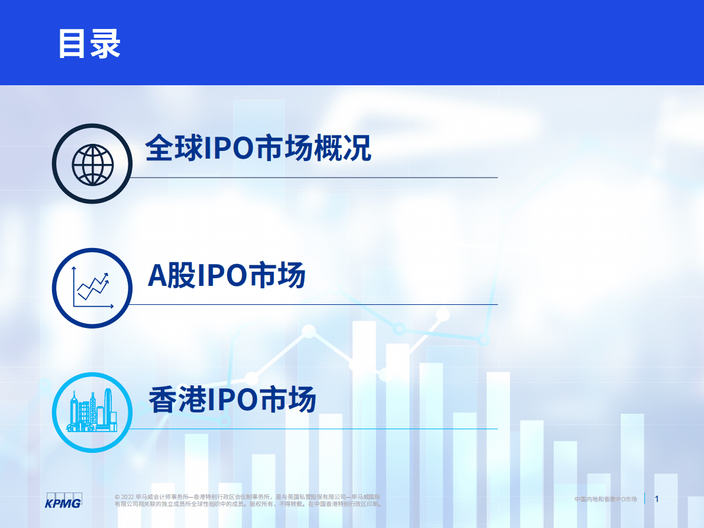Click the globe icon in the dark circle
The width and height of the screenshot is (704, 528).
click(92, 164)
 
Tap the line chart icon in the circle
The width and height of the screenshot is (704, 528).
click(92, 288)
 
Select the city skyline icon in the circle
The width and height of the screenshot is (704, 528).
click(92, 412)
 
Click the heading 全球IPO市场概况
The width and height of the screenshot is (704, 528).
click(259, 149)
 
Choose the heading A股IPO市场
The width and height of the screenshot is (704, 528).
click(227, 276)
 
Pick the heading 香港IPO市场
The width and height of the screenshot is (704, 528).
click(232, 400)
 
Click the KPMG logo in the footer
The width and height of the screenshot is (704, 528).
click(64, 500)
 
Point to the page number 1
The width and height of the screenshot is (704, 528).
click(657, 500)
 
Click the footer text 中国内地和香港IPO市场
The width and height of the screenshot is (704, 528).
click(605, 500)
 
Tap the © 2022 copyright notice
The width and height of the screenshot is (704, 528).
click(248, 500)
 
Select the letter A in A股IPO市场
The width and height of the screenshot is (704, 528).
click(157, 276)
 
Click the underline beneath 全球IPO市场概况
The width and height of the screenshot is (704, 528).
click(314, 177)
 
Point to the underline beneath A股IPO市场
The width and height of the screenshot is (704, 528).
click(314, 304)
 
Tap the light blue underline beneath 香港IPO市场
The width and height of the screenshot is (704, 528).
click(314, 429)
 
